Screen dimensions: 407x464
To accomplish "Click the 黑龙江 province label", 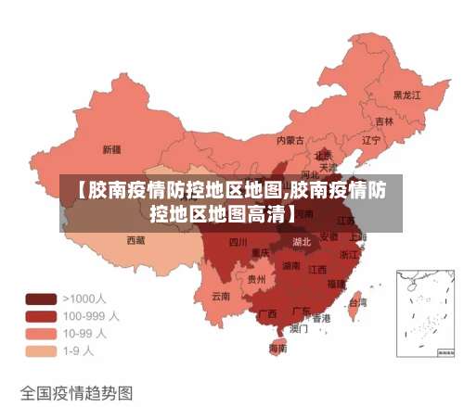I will pos(406,95).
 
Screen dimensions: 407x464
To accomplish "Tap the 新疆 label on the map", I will pos(111,148).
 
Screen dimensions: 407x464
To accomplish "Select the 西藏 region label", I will pos(135,239).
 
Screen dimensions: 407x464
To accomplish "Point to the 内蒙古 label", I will pos(290,141).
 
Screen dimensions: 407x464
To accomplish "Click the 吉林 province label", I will pos(383,121).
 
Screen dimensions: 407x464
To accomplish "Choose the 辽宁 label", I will pos(371,141).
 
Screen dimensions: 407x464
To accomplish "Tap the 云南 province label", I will pos(221,296).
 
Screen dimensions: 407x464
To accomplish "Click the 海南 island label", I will pos(277,349).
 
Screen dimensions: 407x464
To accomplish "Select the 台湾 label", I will pos(356,302).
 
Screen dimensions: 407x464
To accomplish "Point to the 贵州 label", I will pos(255,278).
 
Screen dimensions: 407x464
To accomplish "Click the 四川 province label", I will pos(238,243).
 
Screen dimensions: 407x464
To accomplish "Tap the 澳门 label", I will pos(299,327).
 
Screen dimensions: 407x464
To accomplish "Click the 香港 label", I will pos(321,317).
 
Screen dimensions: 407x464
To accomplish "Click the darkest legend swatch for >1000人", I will pos(40,299).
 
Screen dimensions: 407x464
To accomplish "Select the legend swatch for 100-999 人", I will pos(40,316).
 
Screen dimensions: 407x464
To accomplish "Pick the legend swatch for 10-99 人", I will pos(40,334).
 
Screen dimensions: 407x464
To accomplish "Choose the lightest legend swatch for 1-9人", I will pos(40,351).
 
